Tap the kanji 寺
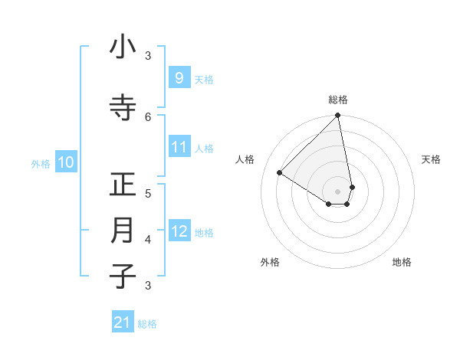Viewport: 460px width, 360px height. point(123,107)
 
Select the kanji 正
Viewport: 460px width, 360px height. point(123,185)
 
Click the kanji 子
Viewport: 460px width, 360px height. point(123,276)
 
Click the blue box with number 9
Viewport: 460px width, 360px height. point(179,77)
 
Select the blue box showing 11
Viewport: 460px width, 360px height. point(179,147)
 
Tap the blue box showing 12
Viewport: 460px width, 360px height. point(179,231)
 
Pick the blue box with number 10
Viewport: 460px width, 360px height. point(65,162)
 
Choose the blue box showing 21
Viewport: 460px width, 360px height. point(123,322)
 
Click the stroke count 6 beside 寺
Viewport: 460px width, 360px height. point(148,116)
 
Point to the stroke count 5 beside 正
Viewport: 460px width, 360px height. point(148,193)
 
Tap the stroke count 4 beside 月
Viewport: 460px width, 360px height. point(148,240)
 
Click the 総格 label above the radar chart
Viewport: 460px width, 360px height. point(338,100)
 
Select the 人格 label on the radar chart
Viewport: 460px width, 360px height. point(245,159)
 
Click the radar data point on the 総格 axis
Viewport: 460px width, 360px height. point(338,116)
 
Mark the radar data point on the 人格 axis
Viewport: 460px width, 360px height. point(280,172)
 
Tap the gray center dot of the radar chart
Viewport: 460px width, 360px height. point(338,191)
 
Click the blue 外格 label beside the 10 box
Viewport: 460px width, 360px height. point(41,163)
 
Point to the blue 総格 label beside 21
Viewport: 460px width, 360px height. point(147,324)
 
